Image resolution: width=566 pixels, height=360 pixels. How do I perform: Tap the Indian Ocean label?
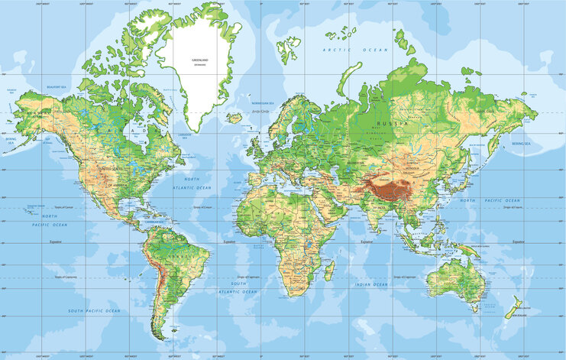click(x=371, y=284)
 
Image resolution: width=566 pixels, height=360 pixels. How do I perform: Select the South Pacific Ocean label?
click(x=94, y=311)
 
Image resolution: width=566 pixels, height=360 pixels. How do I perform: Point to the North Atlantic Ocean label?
click(x=192, y=184)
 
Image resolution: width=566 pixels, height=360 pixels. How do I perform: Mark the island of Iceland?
click(x=234, y=118)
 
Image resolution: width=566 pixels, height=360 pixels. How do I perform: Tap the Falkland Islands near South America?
click(x=179, y=330)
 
